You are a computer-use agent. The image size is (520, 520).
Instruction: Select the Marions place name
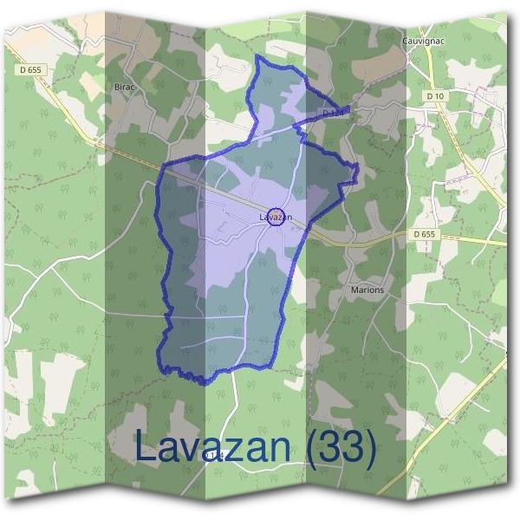367,289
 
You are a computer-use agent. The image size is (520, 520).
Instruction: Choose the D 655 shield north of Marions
424,233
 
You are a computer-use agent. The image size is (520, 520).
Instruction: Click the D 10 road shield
435,95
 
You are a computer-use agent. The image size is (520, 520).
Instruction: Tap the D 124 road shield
332,114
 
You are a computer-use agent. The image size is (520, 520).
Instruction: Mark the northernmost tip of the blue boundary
258,56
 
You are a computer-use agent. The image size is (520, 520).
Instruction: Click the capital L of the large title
145,448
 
